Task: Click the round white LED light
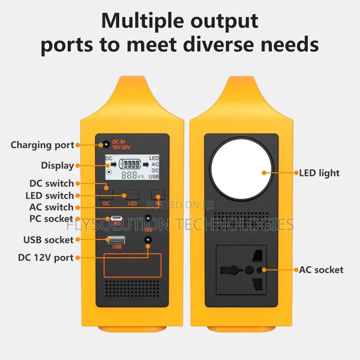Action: (x=241, y=169)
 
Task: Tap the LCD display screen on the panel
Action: (x=132, y=167)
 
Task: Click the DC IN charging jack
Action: (x=106, y=145)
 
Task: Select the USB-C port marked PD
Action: (x=116, y=218)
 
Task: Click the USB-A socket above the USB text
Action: (x=117, y=240)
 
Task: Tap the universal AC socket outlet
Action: (x=241, y=270)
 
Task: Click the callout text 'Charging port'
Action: (x=42, y=145)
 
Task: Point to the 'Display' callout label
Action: (x=57, y=166)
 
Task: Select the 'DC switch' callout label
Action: (x=51, y=184)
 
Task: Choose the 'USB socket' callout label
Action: (x=49, y=240)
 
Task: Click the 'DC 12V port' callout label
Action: (x=46, y=258)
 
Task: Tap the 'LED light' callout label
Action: (x=319, y=173)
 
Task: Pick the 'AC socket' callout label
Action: (x=321, y=270)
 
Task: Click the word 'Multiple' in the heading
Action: (x=143, y=21)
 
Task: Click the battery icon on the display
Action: (x=130, y=164)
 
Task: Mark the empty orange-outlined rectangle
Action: (x=132, y=265)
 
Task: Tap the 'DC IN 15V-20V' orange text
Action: (x=121, y=145)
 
